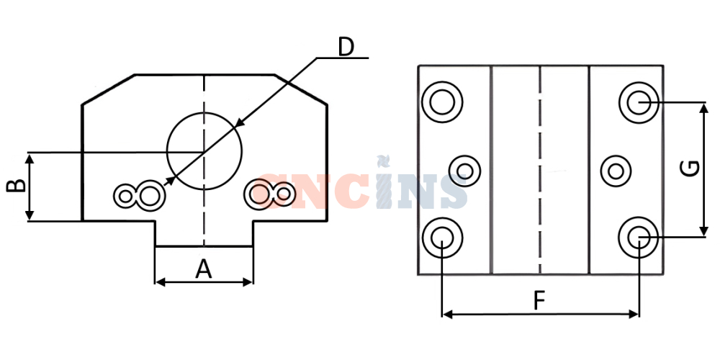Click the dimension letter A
[204, 269]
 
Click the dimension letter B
[16, 186]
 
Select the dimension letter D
[346, 47]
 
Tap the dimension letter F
[539, 301]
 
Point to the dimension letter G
[690, 168]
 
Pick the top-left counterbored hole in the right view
[442, 102]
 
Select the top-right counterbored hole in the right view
[639, 102]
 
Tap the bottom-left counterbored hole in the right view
[442, 238]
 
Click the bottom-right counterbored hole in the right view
[639, 237]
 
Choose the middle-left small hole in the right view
[464, 171]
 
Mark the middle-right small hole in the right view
[616, 171]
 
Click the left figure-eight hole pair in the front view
[139, 196]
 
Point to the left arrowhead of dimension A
[160, 282]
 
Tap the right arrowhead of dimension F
[634, 314]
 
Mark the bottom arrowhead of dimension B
[30, 215]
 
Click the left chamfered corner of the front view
[109, 89]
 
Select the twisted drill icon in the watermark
[384, 182]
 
